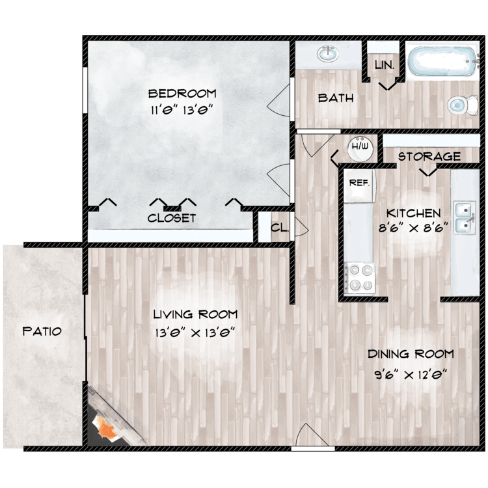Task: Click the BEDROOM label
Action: (x=182, y=93)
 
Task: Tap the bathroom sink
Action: (x=327, y=54)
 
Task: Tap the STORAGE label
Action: (x=429, y=157)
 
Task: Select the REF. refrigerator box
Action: (x=359, y=183)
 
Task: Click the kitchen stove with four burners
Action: (x=359, y=276)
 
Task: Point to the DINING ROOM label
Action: (x=410, y=355)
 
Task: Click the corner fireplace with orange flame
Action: (x=105, y=426)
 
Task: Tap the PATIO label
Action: (x=42, y=331)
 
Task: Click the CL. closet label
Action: (x=278, y=228)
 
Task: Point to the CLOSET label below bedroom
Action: (x=172, y=218)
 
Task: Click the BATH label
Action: (x=336, y=98)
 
